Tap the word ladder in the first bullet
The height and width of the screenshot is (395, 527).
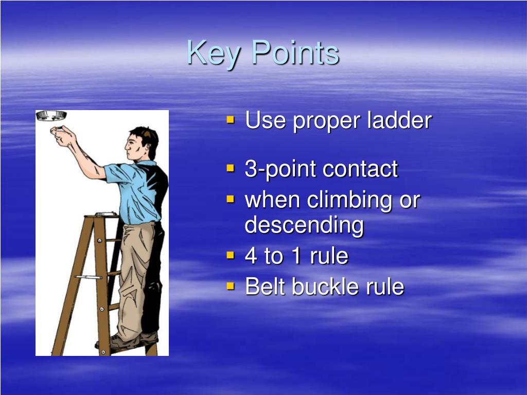(399, 121)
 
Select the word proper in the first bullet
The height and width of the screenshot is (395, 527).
(327, 122)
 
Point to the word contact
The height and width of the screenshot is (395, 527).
(360, 169)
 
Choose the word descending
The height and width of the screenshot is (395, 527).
(304, 225)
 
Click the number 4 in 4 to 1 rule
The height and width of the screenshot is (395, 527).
(251, 256)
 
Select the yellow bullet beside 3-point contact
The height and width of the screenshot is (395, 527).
(230, 168)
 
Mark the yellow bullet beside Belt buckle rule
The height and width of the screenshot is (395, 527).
(230, 286)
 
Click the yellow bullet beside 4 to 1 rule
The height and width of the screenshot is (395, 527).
(230, 255)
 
